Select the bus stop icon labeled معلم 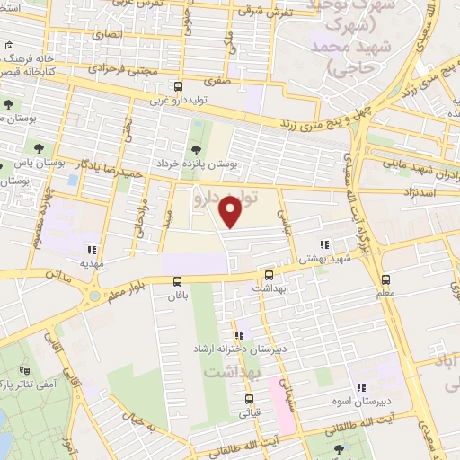pyautogui.click(x=386, y=280)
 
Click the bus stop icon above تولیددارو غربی pyautogui.click(x=178, y=86)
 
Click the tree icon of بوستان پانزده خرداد pyautogui.click(x=196, y=149)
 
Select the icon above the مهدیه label pyautogui.click(x=90, y=251)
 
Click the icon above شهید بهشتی pyautogui.click(x=324, y=243)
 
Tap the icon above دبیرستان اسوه pyautogui.click(x=360, y=388)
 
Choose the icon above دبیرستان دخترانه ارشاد pyautogui.click(x=239, y=335)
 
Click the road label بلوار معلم pyautogui.click(x=128, y=290)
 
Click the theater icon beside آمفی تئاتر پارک pyautogui.click(x=24, y=369)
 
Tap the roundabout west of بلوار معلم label pyautogui.click(x=94, y=296)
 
